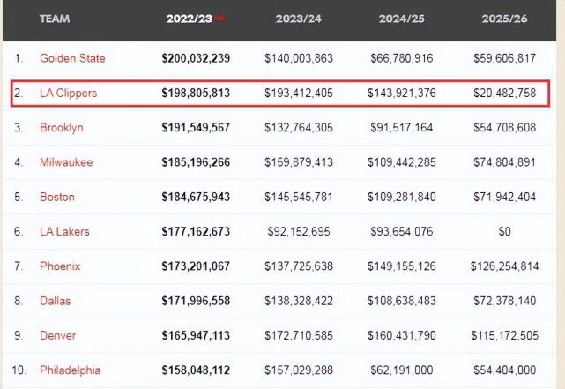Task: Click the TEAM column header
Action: click(55, 19)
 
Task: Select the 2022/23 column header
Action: click(190, 19)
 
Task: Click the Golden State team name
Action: click(72, 58)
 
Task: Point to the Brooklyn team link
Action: click(62, 127)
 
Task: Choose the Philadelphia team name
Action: click(71, 370)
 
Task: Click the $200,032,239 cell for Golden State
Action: click(196, 58)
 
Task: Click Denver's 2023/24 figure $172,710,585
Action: click(299, 335)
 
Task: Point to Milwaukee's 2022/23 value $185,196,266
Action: click(196, 162)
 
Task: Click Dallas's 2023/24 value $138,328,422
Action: click(299, 301)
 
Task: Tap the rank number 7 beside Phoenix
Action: click(18, 266)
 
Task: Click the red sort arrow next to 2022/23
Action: click(220, 18)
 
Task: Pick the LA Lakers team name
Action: click(64, 231)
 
